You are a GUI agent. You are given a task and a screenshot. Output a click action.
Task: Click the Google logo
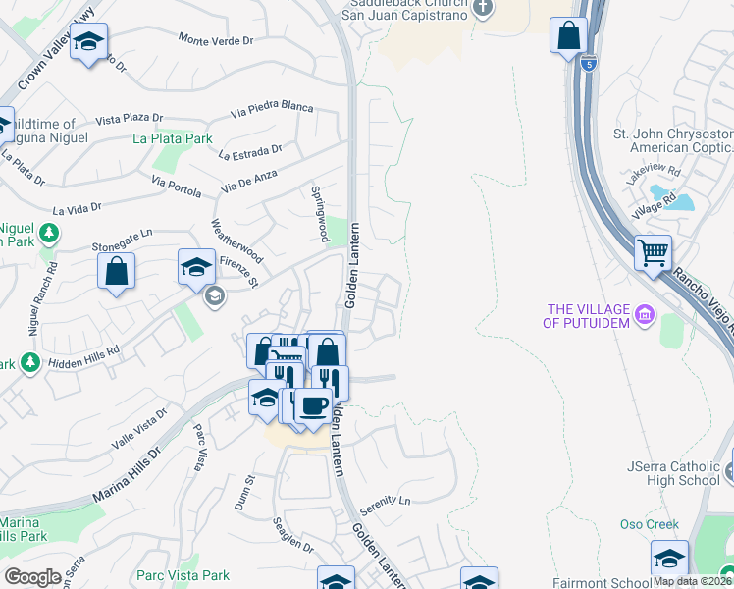coord(31,577)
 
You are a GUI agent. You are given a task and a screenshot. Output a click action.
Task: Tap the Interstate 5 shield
coord(588,64)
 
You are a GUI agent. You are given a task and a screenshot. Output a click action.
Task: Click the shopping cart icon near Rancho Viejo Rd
coord(653,254)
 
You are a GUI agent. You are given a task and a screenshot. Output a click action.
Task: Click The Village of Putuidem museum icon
coord(644,315)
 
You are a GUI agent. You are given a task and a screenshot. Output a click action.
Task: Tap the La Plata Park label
coord(173,138)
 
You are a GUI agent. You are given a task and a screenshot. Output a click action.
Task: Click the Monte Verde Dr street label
coord(216,39)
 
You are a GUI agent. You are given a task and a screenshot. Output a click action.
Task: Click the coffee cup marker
coord(313,405)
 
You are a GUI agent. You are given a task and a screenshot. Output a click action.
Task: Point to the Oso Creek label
coord(650,524)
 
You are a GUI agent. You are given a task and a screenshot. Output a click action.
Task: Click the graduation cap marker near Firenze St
coord(196,266)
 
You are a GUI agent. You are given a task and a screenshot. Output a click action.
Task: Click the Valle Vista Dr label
coord(139,431)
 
